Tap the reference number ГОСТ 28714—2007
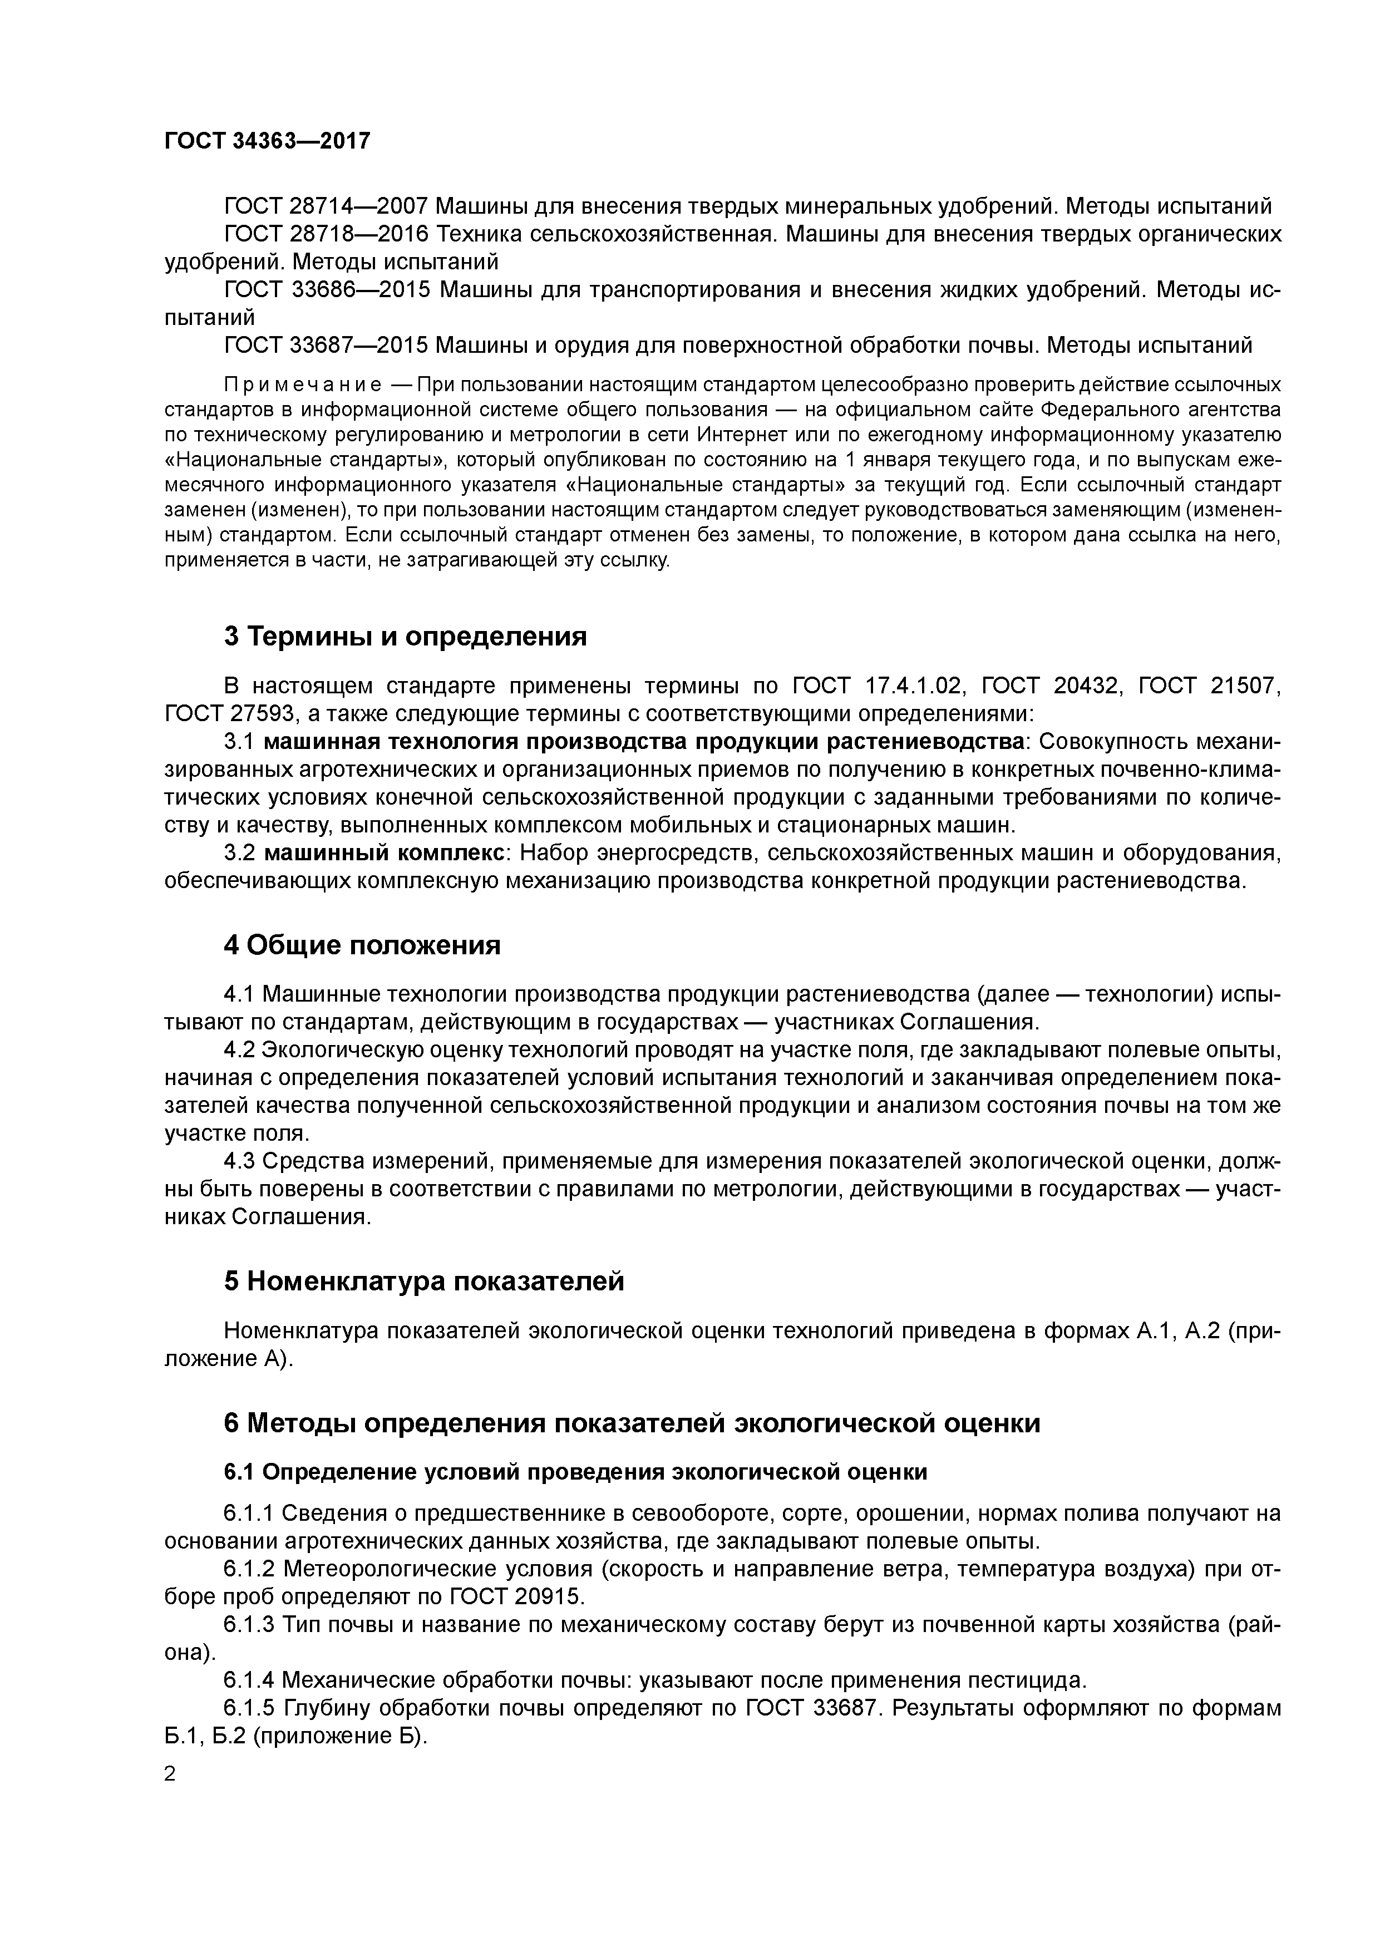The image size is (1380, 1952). point(327,206)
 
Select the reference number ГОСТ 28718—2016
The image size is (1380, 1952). point(327,234)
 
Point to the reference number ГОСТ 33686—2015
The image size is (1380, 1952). point(327,290)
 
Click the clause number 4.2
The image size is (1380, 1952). point(239,1051)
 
